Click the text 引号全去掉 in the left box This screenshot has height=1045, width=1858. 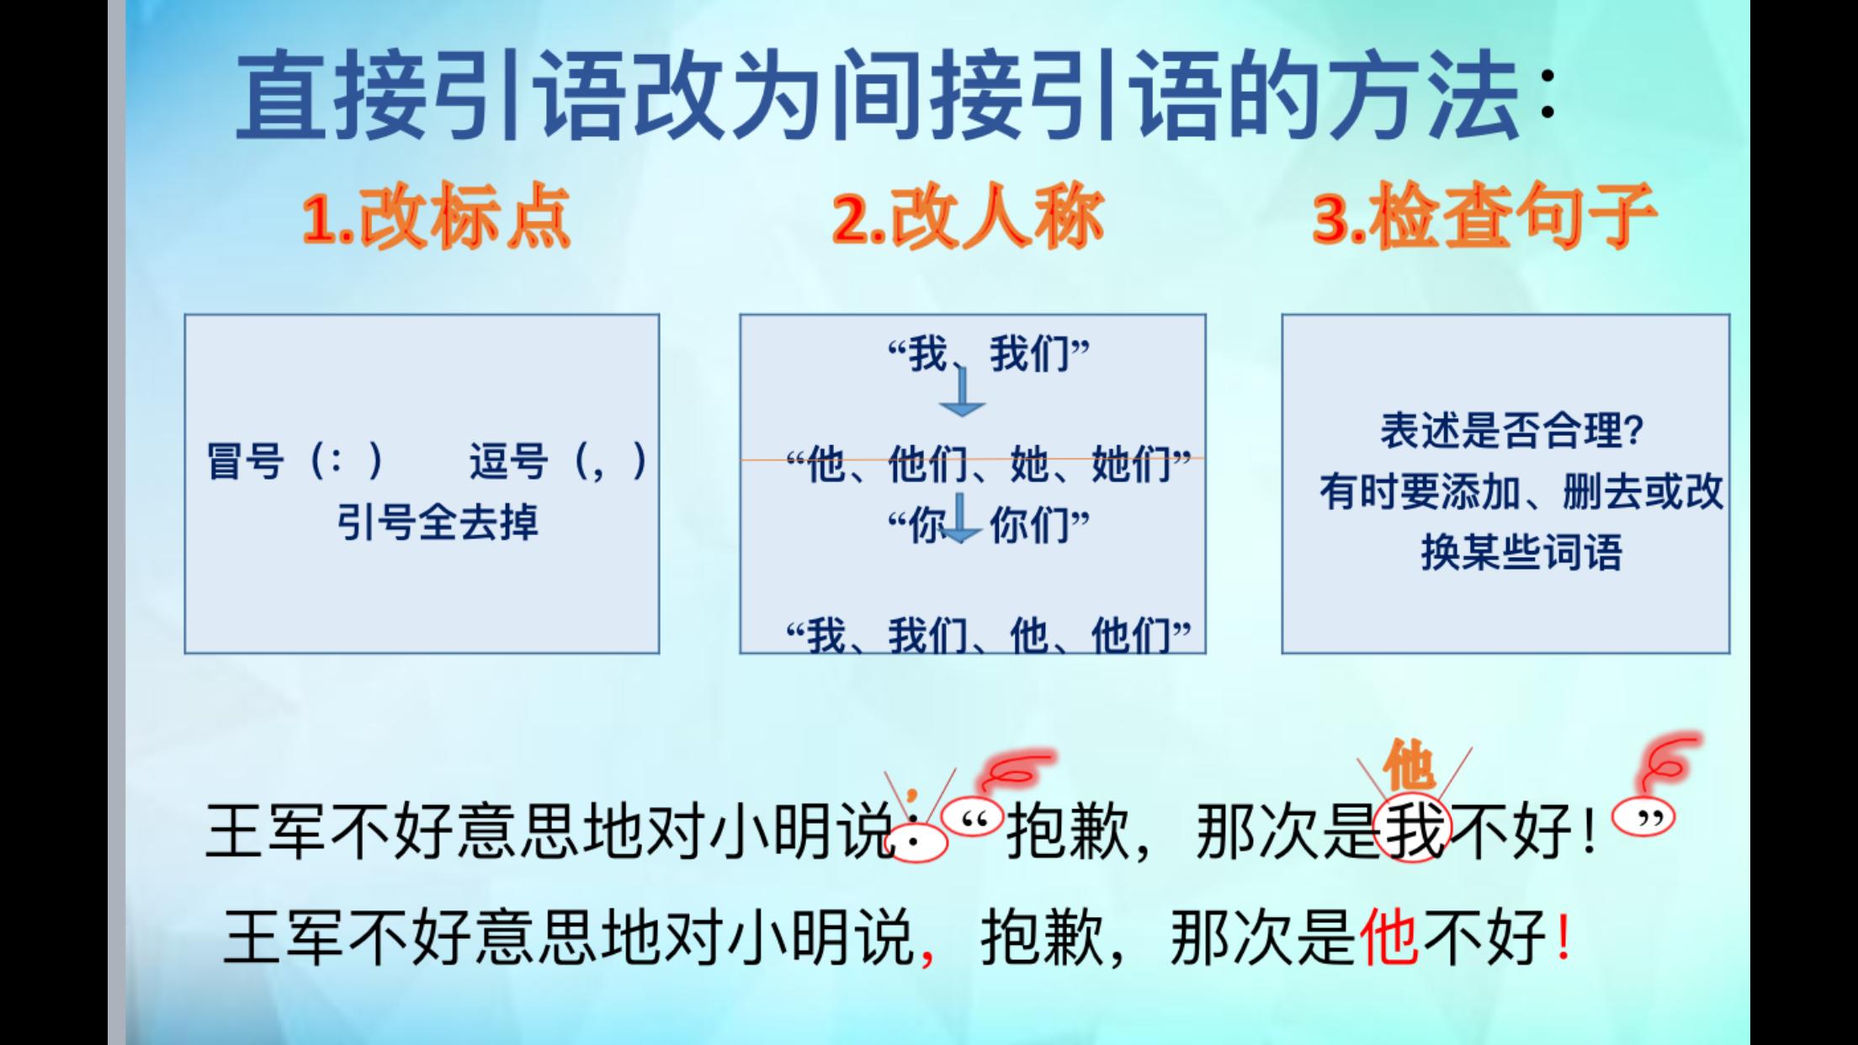tap(438, 522)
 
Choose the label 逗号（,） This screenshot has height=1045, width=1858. tap(558, 461)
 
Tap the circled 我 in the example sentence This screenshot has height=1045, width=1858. tap(1414, 830)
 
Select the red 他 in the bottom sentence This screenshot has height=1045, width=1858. tap(1388, 936)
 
